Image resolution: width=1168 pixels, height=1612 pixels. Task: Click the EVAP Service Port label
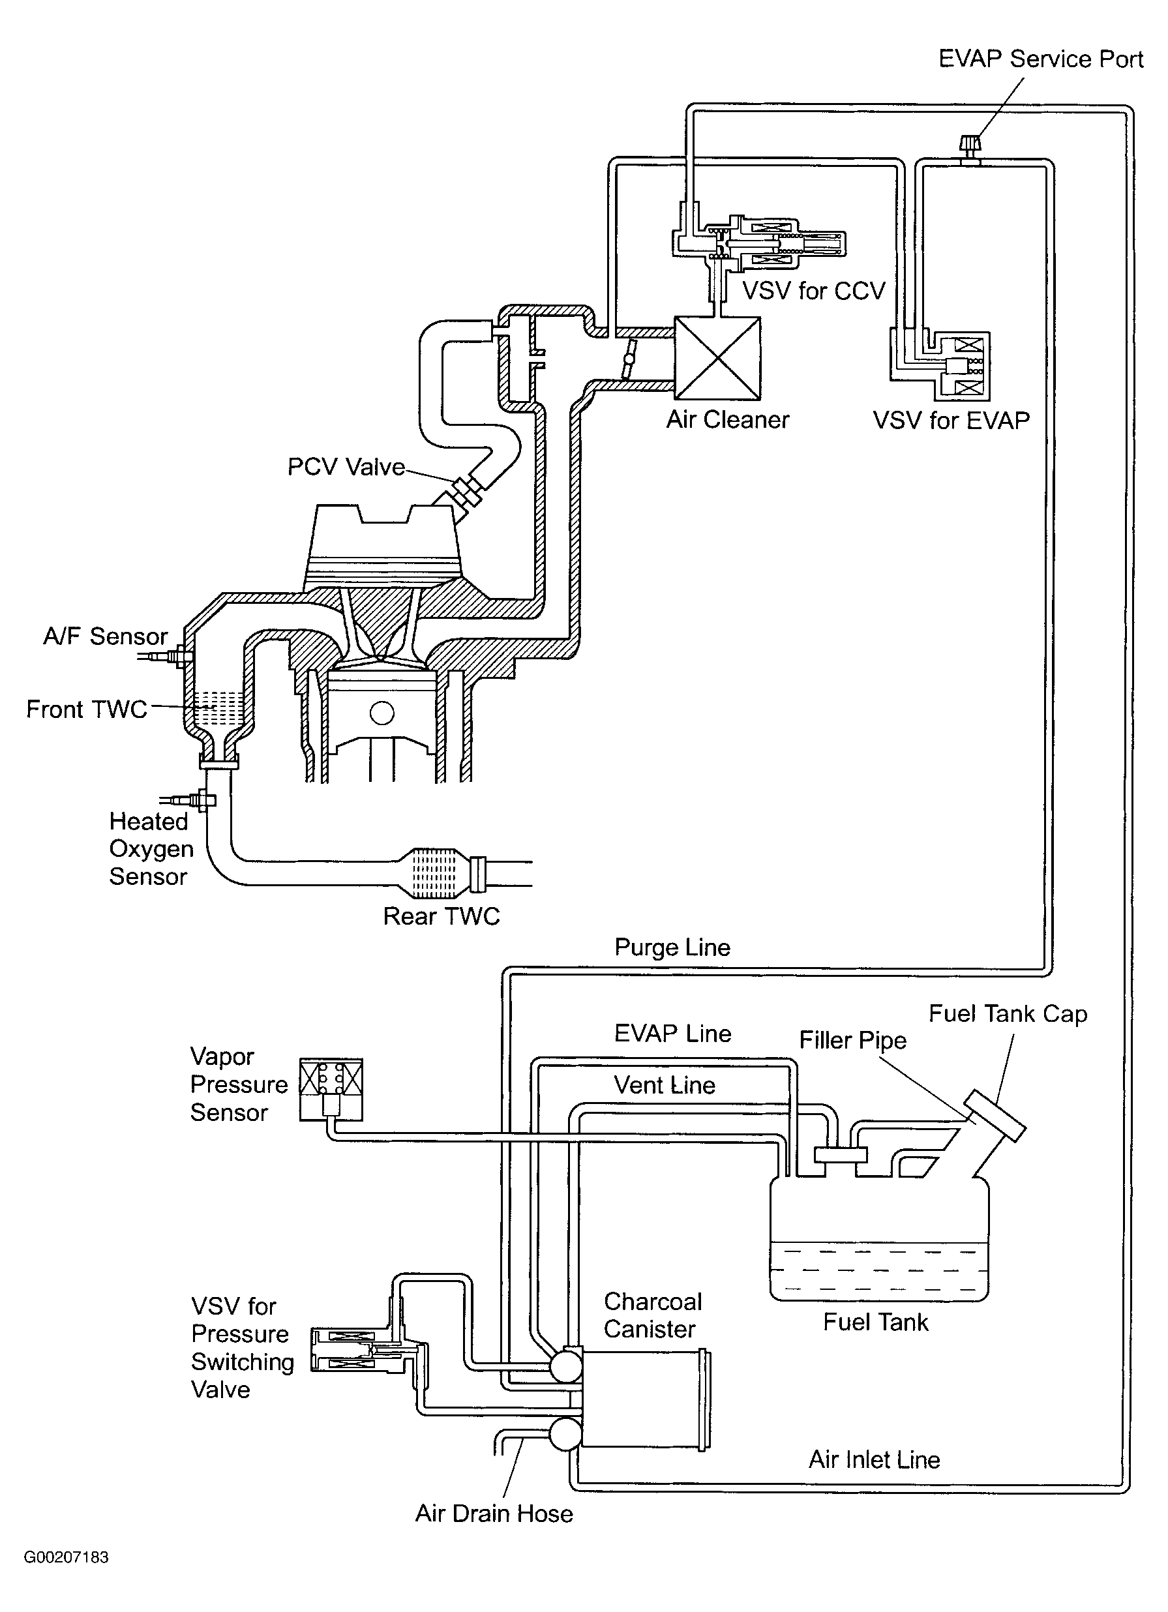[x=1041, y=58]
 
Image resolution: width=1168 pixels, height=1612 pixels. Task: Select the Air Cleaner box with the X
[x=717, y=357]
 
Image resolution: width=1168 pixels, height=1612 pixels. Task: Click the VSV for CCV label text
[x=814, y=291]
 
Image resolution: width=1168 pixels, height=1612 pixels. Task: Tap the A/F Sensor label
[x=105, y=636]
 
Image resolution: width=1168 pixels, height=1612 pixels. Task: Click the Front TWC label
[x=87, y=709]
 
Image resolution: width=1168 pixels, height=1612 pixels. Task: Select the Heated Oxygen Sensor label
[x=151, y=848]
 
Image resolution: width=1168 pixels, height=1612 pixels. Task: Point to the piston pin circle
[x=382, y=713]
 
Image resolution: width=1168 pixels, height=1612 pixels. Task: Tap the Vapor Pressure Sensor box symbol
[x=331, y=1089]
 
